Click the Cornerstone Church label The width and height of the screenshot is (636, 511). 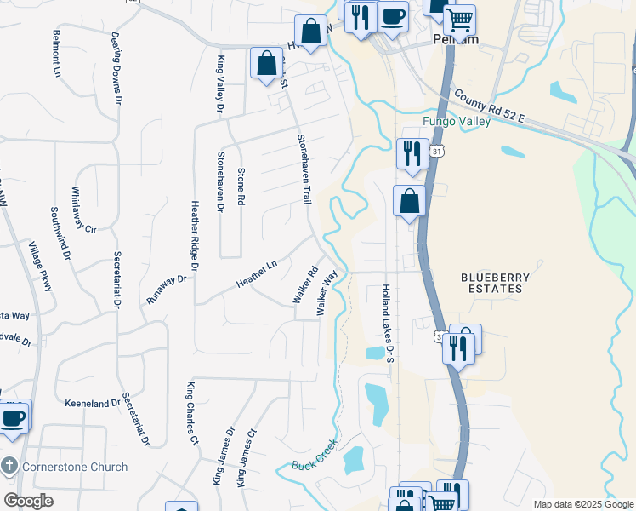(x=75, y=467)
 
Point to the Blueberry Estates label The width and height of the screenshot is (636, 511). (x=495, y=283)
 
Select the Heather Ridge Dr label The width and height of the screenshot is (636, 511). (x=195, y=236)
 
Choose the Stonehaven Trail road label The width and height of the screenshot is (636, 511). (x=304, y=168)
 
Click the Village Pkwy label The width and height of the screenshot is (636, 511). (x=41, y=267)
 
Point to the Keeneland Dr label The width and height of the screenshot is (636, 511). (x=93, y=403)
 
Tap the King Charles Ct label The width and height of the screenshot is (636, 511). (x=192, y=414)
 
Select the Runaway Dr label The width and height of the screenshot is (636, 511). (x=166, y=292)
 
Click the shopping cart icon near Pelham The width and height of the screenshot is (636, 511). (x=459, y=19)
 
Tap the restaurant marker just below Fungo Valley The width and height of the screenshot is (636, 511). (x=412, y=153)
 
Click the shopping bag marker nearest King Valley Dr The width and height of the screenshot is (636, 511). (x=266, y=62)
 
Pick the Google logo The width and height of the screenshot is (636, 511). (x=27, y=500)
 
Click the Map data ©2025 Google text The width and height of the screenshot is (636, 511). (x=583, y=504)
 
